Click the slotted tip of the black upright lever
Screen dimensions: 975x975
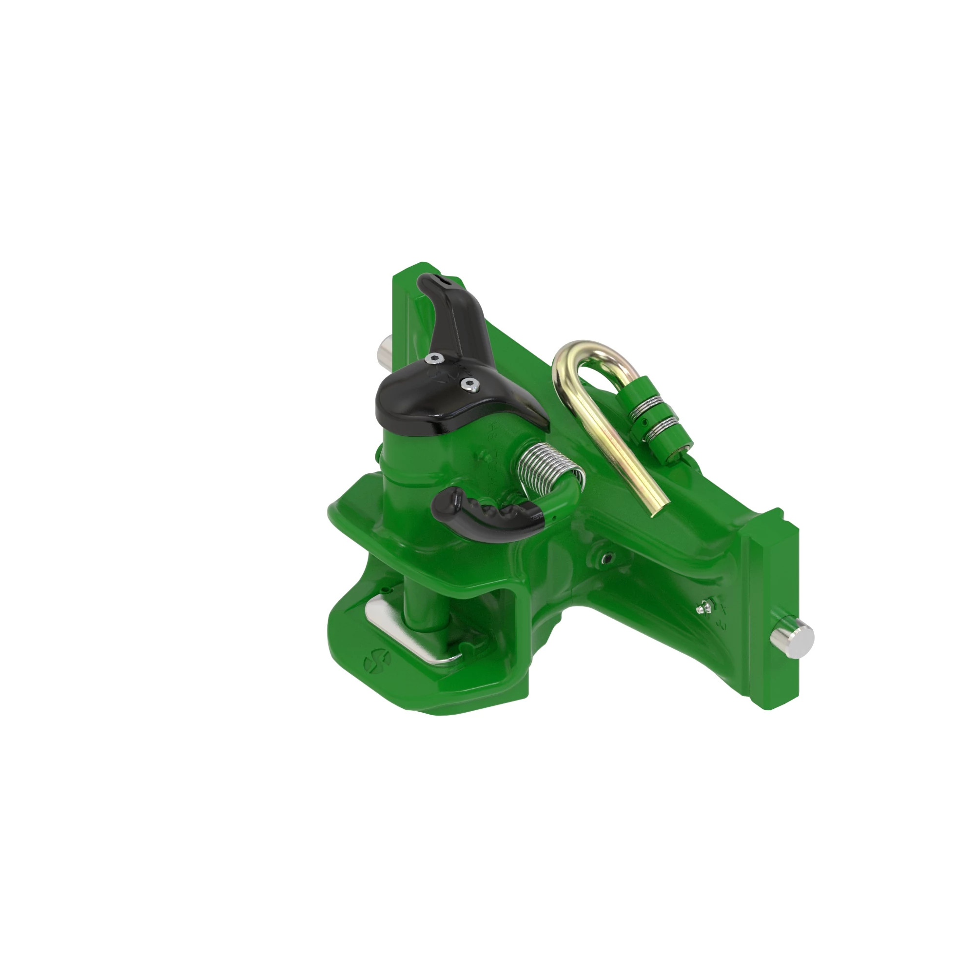[x=440, y=281]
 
